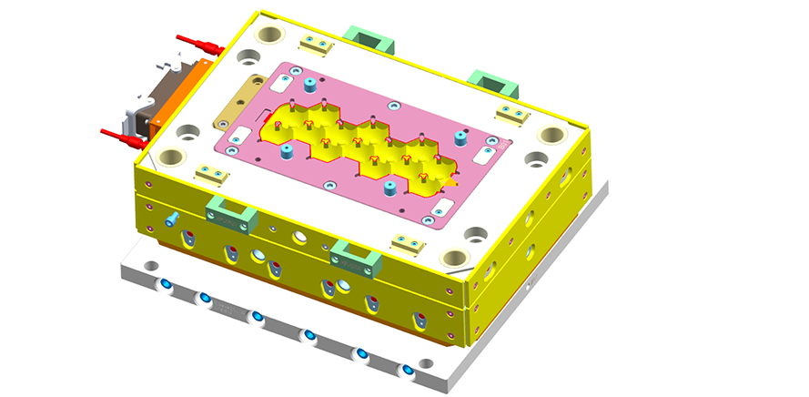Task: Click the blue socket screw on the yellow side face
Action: pos(171,219)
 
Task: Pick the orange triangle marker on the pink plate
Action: pos(449,181)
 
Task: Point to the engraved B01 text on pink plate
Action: pos(492,143)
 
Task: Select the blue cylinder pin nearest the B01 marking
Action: pos(460,137)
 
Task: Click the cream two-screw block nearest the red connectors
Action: pos(207,172)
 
